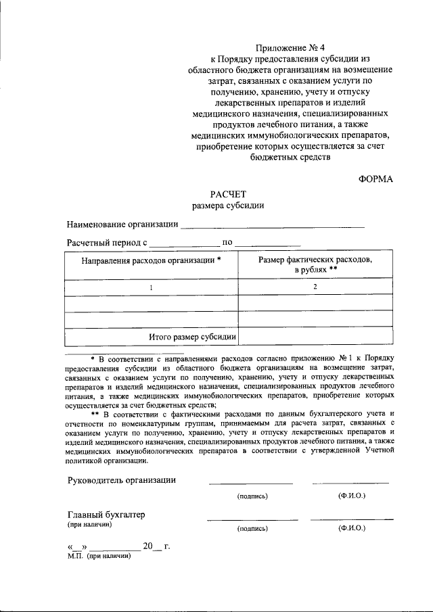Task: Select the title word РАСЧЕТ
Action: click(x=227, y=193)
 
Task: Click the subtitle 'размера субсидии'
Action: click(x=227, y=205)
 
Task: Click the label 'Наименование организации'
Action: click(x=122, y=224)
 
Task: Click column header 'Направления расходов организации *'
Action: click(x=152, y=260)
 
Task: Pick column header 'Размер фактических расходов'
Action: click(x=315, y=260)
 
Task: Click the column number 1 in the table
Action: click(x=152, y=287)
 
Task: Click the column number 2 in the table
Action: click(x=315, y=287)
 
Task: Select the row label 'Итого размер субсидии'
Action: click(x=192, y=336)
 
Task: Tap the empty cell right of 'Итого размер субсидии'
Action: click(x=315, y=336)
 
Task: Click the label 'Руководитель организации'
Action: click(x=122, y=480)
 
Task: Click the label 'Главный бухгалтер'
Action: click(x=106, y=515)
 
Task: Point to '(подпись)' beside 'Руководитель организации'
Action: click(x=252, y=496)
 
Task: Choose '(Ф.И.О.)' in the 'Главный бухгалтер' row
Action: click(x=351, y=528)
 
